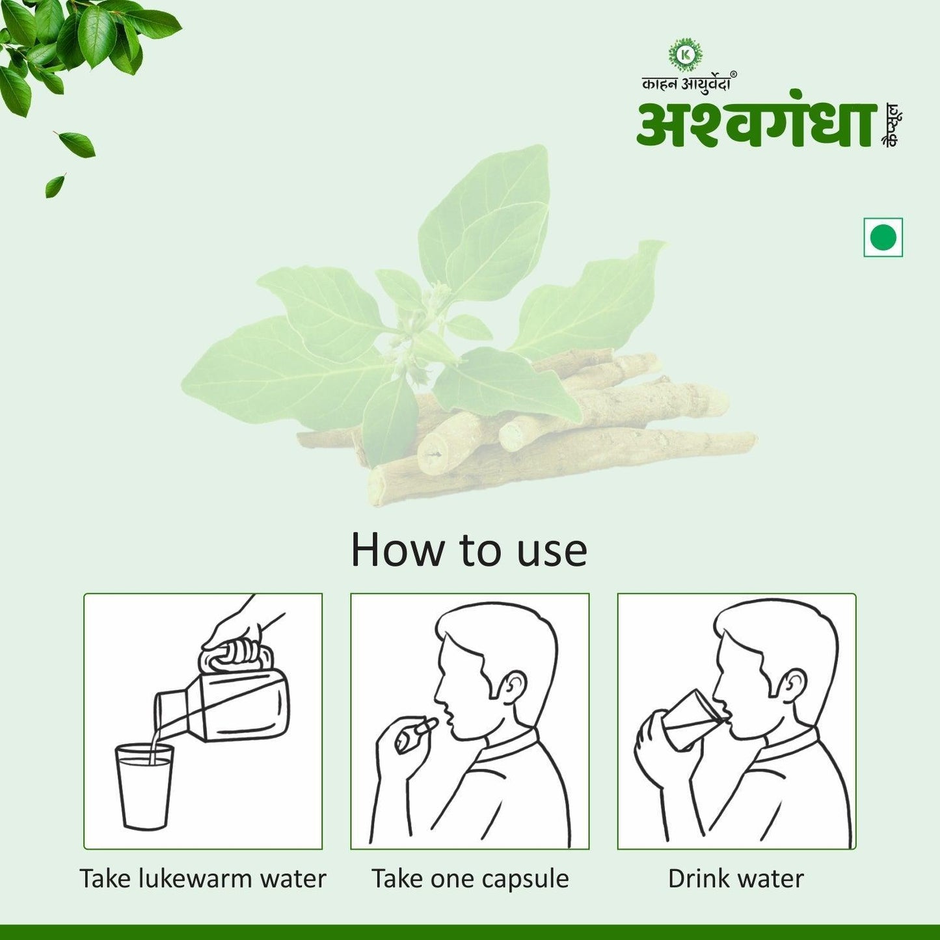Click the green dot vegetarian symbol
883,237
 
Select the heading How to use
469,550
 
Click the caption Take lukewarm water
202,878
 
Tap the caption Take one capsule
470,878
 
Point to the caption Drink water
736,878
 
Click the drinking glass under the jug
144,787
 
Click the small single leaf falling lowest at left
55,185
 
